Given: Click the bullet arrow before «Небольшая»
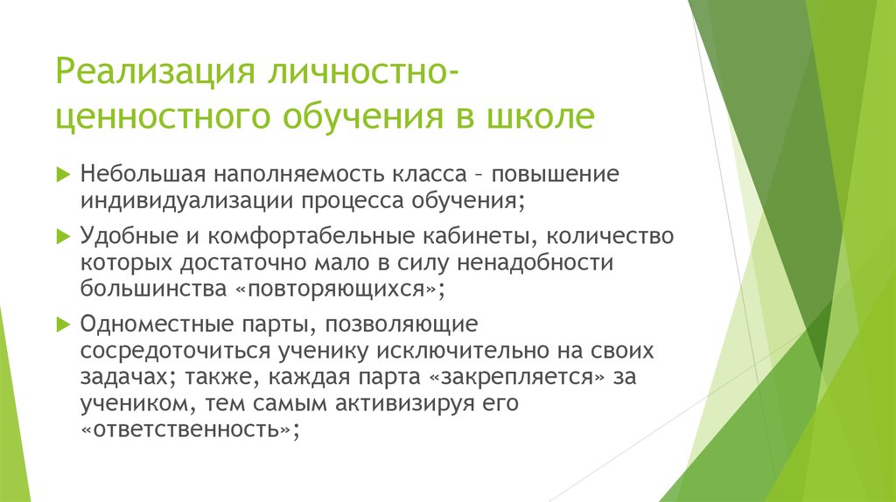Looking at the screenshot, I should tap(62, 173).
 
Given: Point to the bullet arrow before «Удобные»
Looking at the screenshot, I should tap(62, 236).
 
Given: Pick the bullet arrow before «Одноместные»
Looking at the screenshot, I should tap(62, 324).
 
